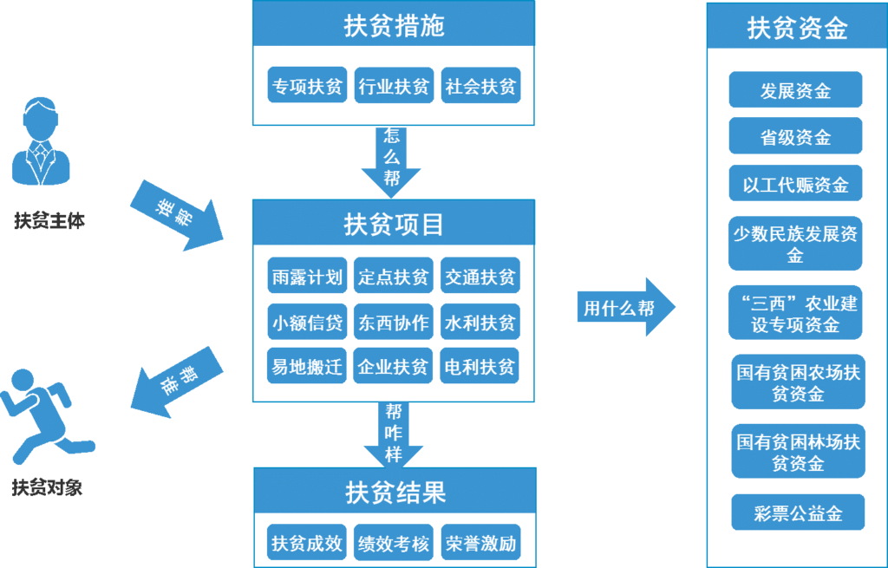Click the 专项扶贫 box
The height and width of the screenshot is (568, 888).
point(307,86)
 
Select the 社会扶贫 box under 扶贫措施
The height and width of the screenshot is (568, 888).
point(480,86)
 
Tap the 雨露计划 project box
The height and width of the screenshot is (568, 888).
point(307,276)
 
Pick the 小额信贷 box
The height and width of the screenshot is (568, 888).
point(307,322)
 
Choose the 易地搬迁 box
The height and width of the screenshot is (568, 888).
point(307,366)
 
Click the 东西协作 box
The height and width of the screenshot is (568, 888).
point(394,322)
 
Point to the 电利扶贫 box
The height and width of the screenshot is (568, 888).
point(480,366)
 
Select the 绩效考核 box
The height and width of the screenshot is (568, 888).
point(394,543)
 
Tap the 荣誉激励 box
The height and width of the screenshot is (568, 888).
point(480,543)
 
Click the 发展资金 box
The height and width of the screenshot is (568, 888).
point(795,89)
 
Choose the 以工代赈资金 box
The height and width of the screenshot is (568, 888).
point(795,183)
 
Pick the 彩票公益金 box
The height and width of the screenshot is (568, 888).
point(798,512)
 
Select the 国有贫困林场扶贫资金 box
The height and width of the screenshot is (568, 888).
point(798,451)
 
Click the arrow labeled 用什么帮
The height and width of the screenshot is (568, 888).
point(626,307)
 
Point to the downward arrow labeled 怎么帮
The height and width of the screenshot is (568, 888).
point(391,162)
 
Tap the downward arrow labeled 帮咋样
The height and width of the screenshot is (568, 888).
point(394,434)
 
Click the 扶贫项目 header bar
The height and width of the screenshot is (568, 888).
point(394,223)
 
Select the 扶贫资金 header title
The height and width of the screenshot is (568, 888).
point(797,27)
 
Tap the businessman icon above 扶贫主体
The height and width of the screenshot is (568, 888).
point(41,141)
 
